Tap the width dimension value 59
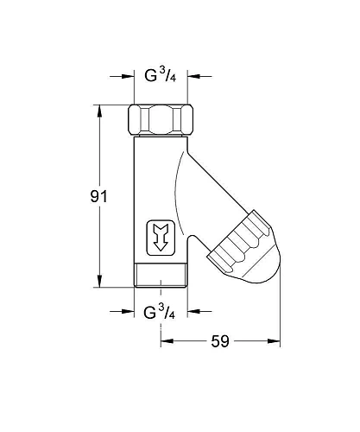pyautogui.click(x=220, y=341)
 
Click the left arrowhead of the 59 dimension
pyautogui.click(x=165, y=341)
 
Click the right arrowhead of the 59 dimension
pyautogui.click(x=279, y=341)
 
